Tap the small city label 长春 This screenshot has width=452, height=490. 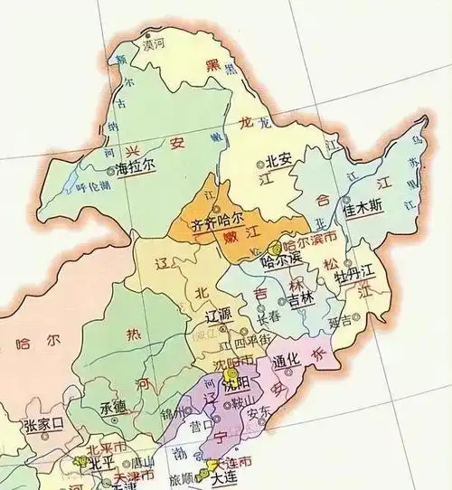coord(268,318)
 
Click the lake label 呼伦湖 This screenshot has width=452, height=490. coord(92,188)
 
